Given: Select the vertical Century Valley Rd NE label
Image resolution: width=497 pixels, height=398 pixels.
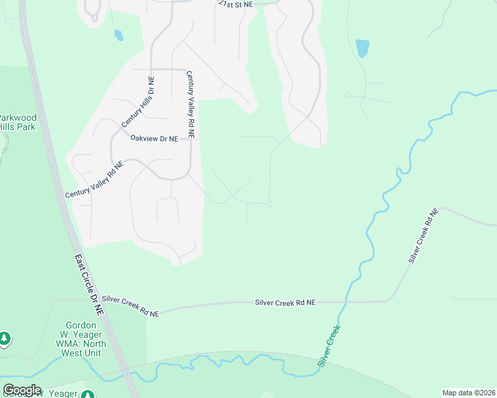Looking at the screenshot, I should tap(191, 104).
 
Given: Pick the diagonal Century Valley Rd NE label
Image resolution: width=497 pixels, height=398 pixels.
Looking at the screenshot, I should tap(94, 180).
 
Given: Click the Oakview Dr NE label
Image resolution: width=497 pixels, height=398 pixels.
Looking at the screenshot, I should tap(154, 139).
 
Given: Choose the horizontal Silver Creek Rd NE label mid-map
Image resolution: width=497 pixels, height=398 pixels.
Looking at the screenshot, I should tap(285, 302).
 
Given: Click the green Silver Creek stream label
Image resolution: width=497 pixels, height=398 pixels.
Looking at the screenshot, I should tap(329, 345).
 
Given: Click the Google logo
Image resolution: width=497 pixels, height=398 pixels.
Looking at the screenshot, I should tap(22, 390).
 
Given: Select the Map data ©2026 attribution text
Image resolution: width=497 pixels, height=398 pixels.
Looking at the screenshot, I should tap(468, 393).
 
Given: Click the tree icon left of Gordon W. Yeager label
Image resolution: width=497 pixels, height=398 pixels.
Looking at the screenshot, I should tap(5, 339).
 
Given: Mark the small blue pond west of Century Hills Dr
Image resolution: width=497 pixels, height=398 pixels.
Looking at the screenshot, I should tap(118, 34).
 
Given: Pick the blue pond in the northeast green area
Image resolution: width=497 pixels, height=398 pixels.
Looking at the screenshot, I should tap(362, 48).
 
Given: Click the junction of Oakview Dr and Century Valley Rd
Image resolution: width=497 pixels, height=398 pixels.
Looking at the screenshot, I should tap(191, 139).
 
